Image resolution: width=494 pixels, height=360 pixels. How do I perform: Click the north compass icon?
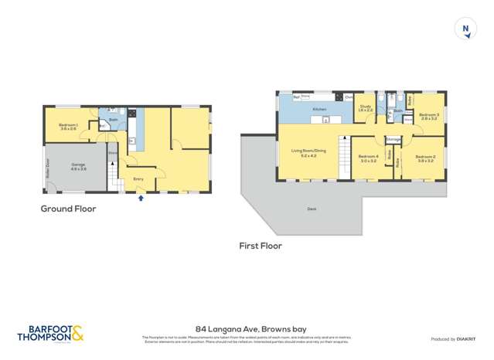(x=465, y=29)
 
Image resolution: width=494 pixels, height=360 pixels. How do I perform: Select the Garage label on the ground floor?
(x=78, y=165)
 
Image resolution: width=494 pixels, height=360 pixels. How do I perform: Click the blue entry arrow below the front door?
(x=141, y=198)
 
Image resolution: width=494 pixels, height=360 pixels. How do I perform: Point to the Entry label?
(x=138, y=178)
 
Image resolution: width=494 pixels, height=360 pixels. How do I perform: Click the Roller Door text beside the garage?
(x=47, y=167)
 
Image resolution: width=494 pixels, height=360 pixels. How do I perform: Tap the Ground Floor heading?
(x=68, y=209)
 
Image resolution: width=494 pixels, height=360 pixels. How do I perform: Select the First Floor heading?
(x=261, y=246)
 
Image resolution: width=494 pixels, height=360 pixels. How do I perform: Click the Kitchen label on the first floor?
(x=319, y=110)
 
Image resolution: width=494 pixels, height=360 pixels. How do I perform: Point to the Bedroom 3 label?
(x=429, y=115)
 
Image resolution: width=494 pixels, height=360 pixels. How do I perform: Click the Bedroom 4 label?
(x=368, y=158)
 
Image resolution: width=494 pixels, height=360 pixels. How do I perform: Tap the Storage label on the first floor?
(x=393, y=139)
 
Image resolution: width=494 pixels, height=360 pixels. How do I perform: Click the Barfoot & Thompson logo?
(x=51, y=333)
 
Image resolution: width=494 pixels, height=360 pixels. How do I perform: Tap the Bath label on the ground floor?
(x=113, y=120)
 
